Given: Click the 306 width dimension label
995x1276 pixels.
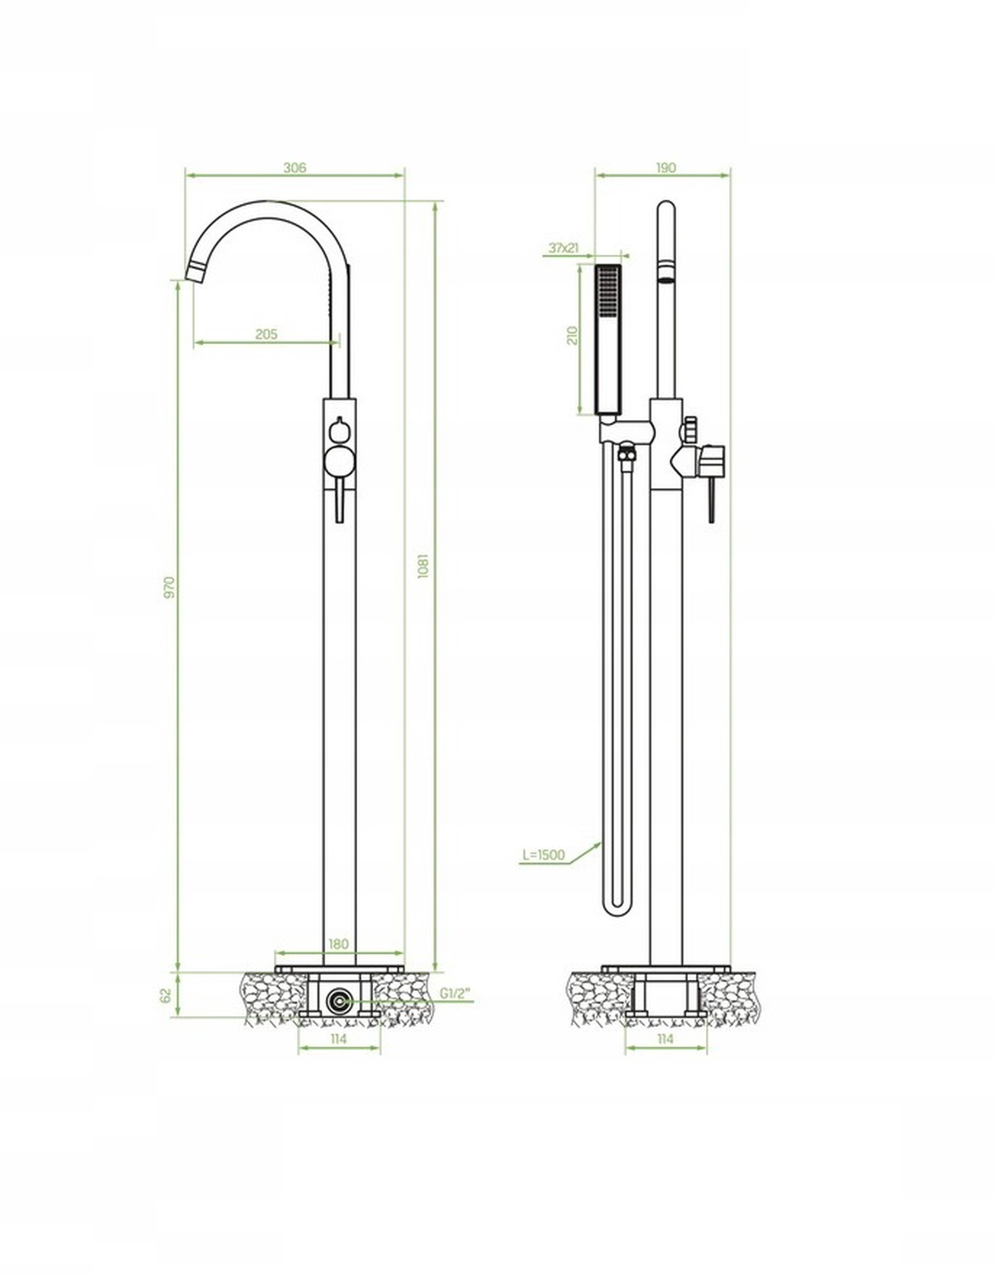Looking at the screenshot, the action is point(295,168).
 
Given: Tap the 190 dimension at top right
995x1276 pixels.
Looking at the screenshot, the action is point(665,168).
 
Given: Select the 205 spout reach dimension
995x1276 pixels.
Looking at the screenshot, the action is point(267,334).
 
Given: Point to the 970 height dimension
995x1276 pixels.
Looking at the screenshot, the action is point(170,587).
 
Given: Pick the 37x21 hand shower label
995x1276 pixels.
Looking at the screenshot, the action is point(564,248).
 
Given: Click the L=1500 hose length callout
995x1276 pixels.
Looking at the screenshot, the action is point(544,855).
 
